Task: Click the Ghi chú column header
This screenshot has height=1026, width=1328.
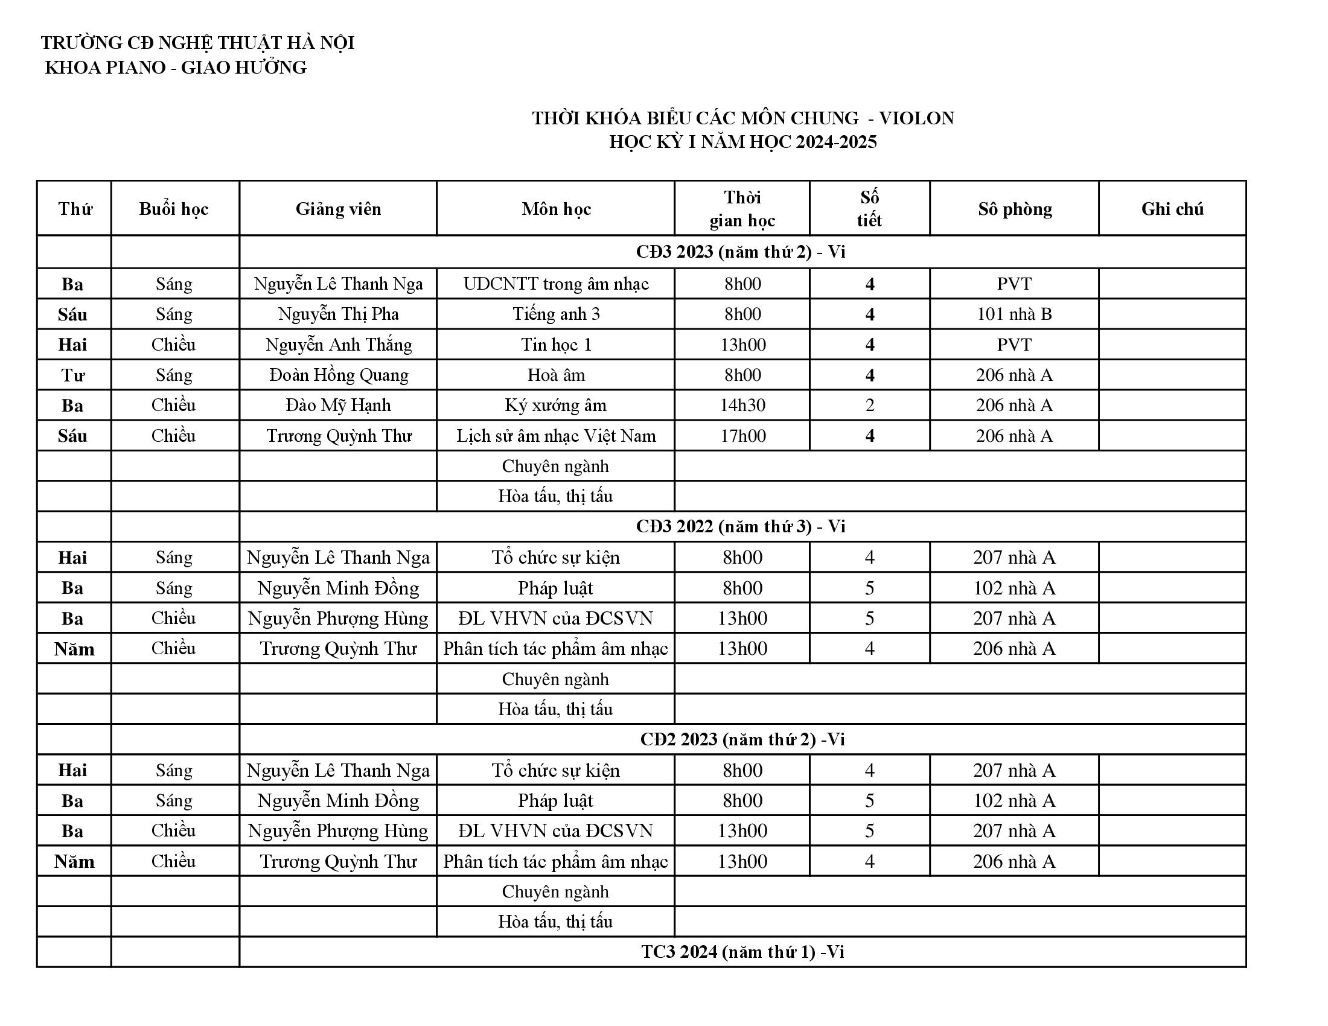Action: point(1172,208)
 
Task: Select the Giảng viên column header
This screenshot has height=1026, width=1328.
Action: point(338,208)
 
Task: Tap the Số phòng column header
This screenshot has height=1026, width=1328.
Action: point(1014,208)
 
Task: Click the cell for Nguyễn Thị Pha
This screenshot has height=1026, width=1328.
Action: point(338,314)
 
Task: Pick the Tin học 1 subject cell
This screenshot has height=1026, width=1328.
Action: point(556,345)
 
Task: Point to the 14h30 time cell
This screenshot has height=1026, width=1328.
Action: point(742,405)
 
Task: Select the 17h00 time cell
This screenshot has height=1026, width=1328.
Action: point(742,436)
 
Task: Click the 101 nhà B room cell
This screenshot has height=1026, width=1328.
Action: point(1014,314)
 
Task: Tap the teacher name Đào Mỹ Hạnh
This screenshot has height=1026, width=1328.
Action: point(338,405)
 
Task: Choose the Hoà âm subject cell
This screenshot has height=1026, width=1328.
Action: point(556,374)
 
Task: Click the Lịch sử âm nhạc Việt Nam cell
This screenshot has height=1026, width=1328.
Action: point(556,436)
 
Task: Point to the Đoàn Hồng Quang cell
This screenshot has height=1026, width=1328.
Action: point(338,374)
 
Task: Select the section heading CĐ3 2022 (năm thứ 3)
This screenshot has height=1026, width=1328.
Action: point(741,526)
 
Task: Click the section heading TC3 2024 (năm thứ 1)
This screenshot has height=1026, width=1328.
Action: point(742,952)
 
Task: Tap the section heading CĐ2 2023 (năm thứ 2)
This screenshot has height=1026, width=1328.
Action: point(742,739)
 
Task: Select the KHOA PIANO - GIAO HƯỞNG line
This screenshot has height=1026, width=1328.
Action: point(176,68)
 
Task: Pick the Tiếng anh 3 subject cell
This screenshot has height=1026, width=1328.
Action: point(556,314)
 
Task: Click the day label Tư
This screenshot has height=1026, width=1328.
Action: point(73,375)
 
